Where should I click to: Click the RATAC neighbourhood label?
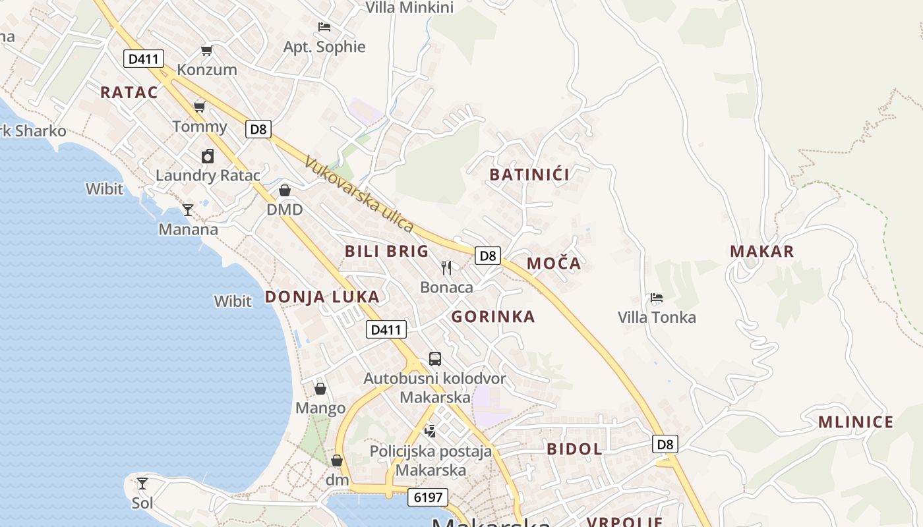click(129, 92)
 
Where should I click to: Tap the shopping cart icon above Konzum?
click(207, 51)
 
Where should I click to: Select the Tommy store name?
click(199, 126)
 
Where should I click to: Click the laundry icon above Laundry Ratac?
click(208, 156)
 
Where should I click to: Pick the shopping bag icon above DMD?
click(285, 190)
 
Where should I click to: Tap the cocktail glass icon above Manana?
click(188, 210)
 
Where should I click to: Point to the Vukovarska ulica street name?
click(359, 194)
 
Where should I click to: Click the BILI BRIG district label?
click(386, 251)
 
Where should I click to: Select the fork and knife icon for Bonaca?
click(446, 267)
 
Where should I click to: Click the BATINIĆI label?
click(529, 175)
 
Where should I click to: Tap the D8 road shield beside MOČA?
click(488, 256)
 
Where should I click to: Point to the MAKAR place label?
click(761, 251)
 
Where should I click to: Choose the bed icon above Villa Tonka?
click(656, 298)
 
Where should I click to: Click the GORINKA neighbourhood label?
click(492, 316)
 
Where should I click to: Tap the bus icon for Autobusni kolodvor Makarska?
click(435, 359)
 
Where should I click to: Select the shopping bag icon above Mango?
click(320, 389)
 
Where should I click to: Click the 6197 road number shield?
click(427, 497)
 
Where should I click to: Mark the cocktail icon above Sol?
click(142, 484)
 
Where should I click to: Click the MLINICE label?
click(855, 422)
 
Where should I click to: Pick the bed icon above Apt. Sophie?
click(324, 27)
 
